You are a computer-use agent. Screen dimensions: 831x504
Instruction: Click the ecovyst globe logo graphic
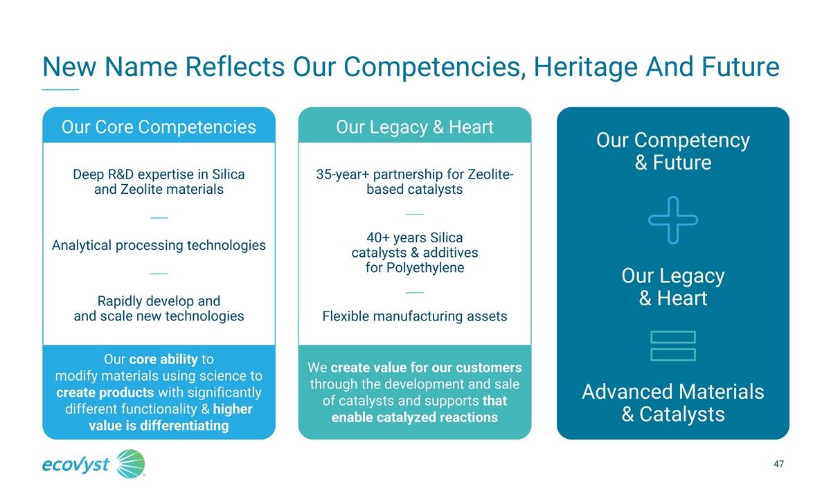[x=131, y=464]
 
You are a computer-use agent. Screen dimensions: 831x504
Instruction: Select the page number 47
[x=778, y=464]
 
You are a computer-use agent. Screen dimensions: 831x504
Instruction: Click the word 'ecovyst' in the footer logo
[x=75, y=465]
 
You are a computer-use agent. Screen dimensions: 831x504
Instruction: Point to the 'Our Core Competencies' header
[x=159, y=127]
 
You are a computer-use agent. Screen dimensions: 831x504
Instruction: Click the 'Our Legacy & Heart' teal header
[x=415, y=127]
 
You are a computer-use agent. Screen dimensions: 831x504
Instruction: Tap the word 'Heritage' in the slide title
[x=585, y=67]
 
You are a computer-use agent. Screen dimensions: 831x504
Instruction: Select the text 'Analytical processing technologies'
[x=159, y=246]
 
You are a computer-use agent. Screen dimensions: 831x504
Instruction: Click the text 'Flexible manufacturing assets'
[x=415, y=316]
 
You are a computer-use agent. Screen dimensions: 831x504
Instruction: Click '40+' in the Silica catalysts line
[x=378, y=237]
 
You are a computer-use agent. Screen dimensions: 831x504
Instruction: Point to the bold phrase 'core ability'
[x=163, y=359]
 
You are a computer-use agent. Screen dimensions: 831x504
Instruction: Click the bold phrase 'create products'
[x=105, y=393]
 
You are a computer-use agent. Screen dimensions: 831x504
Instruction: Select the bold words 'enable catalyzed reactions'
[x=415, y=417]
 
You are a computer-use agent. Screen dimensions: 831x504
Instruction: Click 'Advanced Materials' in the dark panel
[x=673, y=392]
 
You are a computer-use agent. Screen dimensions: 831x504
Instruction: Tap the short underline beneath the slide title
[x=60, y=89]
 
